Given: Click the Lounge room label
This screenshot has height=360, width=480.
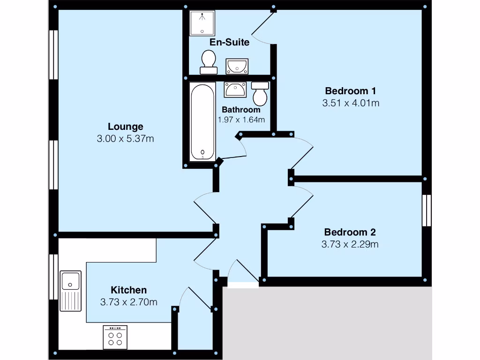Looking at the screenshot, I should click(x=125, y=127).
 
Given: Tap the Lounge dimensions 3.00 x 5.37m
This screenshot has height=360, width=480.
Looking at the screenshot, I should click(x=125, y=139).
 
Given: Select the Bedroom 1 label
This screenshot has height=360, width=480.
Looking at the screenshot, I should click(x=351, y=90).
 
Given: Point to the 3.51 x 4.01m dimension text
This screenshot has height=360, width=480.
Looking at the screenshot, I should click(x=351, y=103).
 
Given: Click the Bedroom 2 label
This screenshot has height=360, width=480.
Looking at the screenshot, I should click(x=350, y=232).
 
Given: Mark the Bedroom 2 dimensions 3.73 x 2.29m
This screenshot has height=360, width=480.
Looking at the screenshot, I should click(x=350, y=244).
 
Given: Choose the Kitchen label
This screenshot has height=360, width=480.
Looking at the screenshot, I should click(x=128, y=290).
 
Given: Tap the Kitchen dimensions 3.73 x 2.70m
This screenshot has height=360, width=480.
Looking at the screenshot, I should click(x=128, y=302).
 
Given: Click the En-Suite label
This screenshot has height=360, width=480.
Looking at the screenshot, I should click(x=229, y=43).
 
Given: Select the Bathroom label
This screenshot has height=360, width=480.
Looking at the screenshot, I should click(x=241, y=110).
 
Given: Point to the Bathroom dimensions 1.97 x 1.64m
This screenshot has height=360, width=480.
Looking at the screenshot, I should click(x=241, y=120).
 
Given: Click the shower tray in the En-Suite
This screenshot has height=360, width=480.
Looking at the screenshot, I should click(x=202, y=22).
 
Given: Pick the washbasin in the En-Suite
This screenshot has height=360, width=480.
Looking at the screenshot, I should click(x=237, y=67).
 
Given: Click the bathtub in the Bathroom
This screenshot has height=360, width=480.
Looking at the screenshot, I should click(x=202, y=122).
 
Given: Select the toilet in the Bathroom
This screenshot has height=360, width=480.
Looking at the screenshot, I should click(x=260, y=94).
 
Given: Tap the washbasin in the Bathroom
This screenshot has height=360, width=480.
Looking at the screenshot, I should click(x=235, y=89).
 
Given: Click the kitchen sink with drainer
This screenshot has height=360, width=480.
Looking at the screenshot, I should click(x=71, y=291).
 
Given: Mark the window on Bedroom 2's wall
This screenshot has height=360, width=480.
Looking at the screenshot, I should click(x=426, y=210).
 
